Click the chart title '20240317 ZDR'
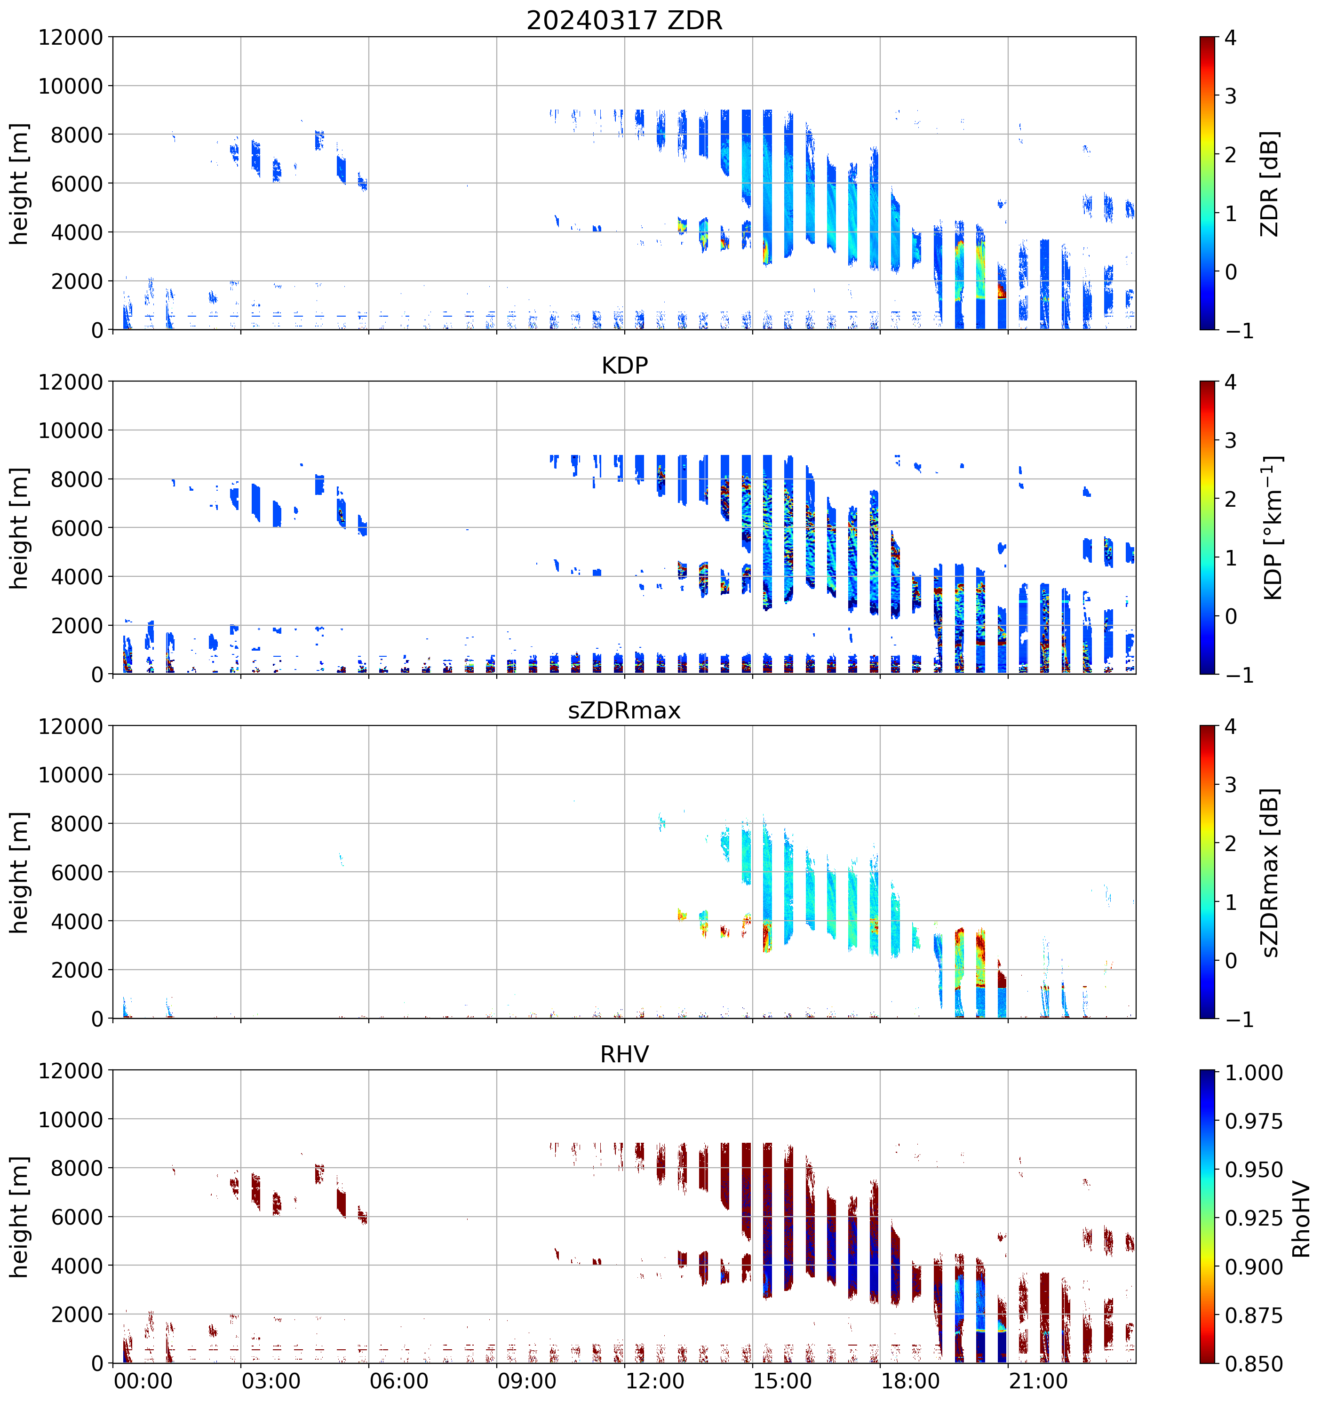pos(624,20)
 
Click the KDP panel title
pos(624,365)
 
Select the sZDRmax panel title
pos(624,710)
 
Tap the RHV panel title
pos(624,1054)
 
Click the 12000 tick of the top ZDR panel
pos(71,37)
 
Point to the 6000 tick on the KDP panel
pos(77,528)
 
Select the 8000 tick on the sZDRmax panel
pos(77,824)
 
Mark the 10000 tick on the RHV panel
pos(71,1120)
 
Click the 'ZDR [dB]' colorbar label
pos(1270,183)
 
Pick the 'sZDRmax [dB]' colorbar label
pos(1270,872)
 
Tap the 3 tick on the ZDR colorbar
pos(1231,96)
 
